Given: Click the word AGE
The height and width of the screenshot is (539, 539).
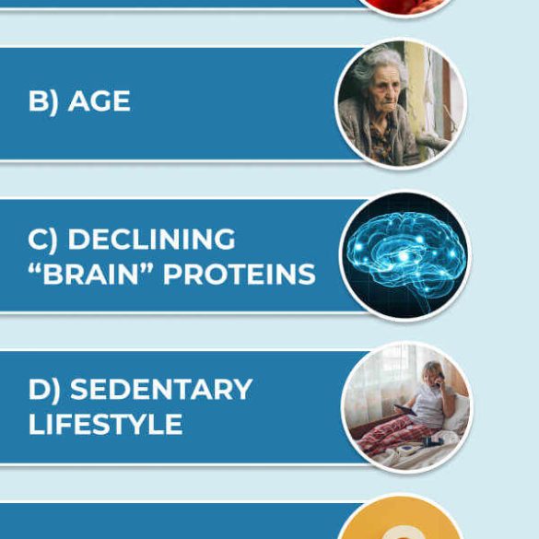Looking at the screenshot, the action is pyautogui.click(x=100, y=101).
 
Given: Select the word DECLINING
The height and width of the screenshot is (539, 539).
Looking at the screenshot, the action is pyautogui.click(x=152, y=239).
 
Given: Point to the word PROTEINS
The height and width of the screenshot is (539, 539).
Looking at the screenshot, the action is pyautogui.click(x=240, y=275).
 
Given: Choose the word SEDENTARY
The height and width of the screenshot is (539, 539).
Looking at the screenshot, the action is pyautogui.click(x=161, y=389).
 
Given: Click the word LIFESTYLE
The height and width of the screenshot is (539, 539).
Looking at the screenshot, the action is pyautogui.click(x=106, y=424).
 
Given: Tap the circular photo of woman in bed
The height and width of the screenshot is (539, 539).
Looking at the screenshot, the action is pyautogui.click(x=406, y=407).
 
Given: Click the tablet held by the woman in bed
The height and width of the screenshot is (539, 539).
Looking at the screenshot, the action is pyautogui.click(x=405, y=410).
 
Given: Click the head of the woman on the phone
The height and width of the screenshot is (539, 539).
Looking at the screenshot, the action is pyautogui.click(x=433, y=372).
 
